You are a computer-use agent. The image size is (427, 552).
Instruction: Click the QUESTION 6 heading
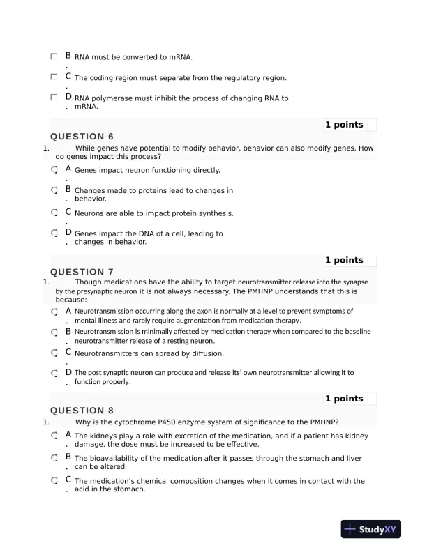click(82, 137)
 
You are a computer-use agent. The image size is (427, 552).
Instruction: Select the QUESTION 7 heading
click(82, 272)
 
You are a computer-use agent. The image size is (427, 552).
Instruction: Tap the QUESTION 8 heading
click(82, 411)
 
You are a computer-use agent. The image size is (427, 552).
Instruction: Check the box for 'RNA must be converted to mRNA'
click(54, 56)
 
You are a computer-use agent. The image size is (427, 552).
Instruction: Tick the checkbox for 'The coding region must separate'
click(54, 77)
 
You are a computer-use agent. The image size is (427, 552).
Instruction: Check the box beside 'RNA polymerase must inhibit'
click(54, 98)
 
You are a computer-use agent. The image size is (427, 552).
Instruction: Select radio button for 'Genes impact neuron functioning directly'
click(54, 169)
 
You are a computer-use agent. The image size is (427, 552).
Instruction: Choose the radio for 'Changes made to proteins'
click(54, 190)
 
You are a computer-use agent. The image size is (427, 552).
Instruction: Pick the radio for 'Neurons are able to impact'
click(54, 212)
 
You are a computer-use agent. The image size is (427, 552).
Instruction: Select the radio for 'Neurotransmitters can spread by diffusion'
click(54, 353)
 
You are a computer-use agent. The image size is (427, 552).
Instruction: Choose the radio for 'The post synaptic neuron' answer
click(54, 373)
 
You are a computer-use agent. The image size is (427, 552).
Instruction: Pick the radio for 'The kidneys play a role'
click(54, 436)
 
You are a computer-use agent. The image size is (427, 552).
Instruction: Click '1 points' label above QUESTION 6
click(344, 125)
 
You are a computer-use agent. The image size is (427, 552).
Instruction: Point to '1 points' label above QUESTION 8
click(344, 399)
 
